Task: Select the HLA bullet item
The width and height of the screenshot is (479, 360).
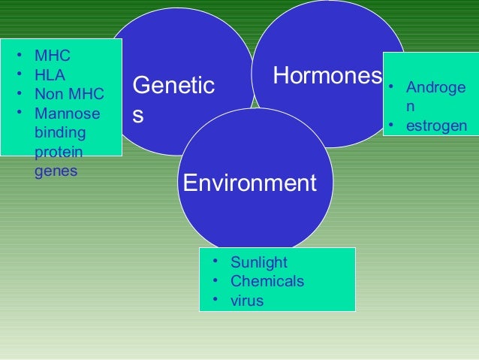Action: (50, 75)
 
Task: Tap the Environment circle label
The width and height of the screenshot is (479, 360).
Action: (250, 183)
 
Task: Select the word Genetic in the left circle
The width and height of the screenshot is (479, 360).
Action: (173, 86)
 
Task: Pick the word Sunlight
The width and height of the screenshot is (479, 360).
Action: (259, 262)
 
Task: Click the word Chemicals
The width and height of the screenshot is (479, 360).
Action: (267, 282)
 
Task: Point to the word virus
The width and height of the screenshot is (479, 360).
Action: (247, 301)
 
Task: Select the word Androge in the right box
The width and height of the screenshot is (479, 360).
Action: (435, 89)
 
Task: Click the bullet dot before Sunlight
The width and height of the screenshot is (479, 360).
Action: (215, 262)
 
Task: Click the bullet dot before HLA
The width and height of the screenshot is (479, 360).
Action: (17, 75)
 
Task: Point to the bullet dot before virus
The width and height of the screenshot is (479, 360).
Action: (215, 301)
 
